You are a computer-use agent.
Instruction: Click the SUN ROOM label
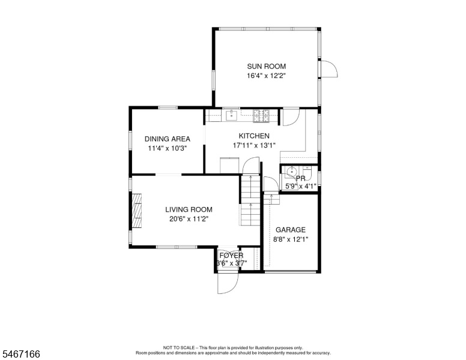click(x=266, y=66)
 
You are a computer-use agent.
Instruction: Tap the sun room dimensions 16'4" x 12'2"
click(x=266, y=76)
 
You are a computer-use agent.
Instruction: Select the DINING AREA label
click(x=168, y=139)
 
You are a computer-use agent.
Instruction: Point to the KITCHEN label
click(x=254, y=136)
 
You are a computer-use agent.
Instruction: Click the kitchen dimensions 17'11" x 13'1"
click(x=254, y=145)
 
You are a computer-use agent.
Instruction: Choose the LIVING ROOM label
click(x=189, y=209)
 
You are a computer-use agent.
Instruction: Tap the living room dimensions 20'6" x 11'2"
click(x=189, y=219)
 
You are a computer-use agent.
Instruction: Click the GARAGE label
click(x=291, y=230)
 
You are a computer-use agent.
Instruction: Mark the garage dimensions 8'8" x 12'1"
click(x=291, y=239)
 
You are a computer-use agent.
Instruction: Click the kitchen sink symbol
click(x=231, y=115)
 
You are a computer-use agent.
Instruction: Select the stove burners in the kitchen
click(x=261, y=116)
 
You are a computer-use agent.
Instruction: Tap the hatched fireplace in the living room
click(x=137, y=211)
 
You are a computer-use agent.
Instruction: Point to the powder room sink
click(x=291, y=172)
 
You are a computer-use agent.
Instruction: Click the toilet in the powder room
click(x=307, y=172)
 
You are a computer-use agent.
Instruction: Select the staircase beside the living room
click(x=250, y=200)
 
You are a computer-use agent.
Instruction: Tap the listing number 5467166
click(x=21, y=354)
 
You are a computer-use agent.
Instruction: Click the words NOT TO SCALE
click(x=179, y=347)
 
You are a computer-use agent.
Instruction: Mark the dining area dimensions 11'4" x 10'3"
click(x=168, y=148)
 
